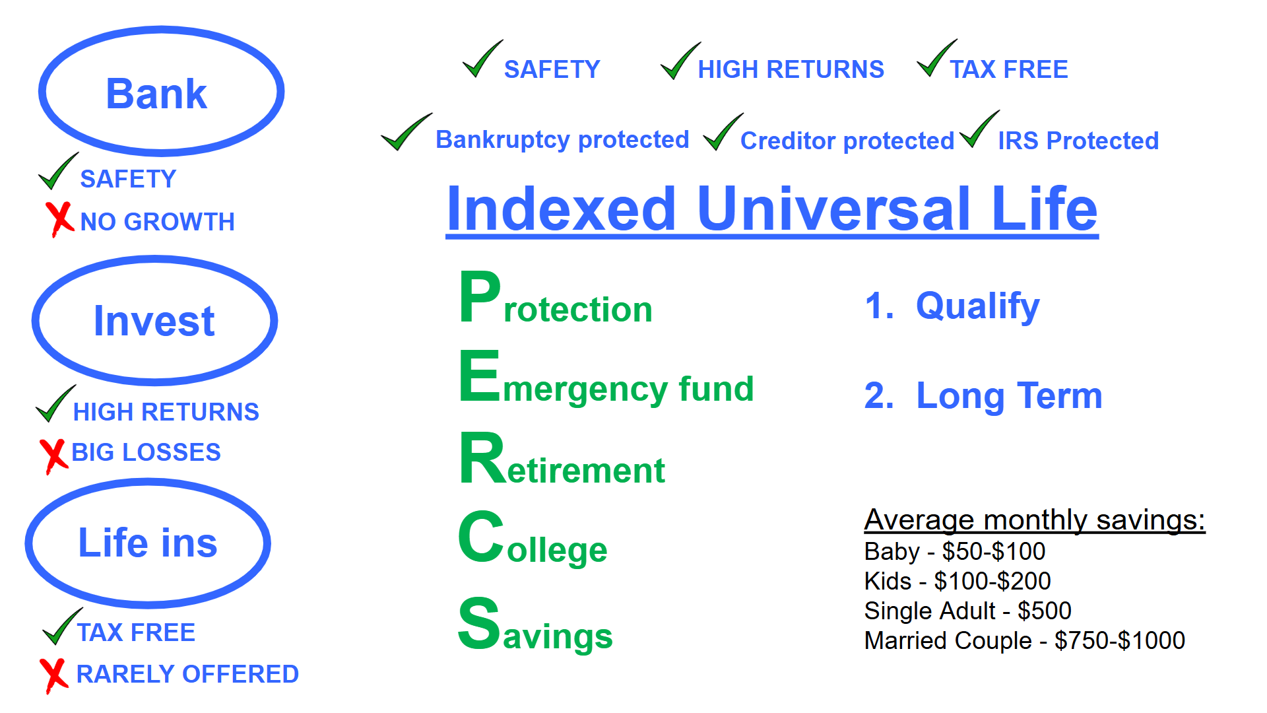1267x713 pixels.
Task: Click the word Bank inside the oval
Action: click(x=156, y=94)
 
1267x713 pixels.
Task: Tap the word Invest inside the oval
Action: click(x=154, y=322)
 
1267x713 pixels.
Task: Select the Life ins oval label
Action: click(x=148, y=543)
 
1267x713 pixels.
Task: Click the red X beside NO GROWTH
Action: click(x=59, y=219)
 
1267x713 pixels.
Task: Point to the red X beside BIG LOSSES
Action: click(x=53, y=456)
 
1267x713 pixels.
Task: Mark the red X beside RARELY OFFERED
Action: click(x=53, y=675)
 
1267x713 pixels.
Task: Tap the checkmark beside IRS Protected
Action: click(x=979, y=129)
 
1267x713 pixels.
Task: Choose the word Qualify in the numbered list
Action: click(x=977, y=306)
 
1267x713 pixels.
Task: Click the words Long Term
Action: click(x=1009, y=396)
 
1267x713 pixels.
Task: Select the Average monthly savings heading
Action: click(x=1034, y=520)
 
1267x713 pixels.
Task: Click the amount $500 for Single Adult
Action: click(x=1044, y=611)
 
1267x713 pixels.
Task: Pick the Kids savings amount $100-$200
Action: click(x=992, y=581)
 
